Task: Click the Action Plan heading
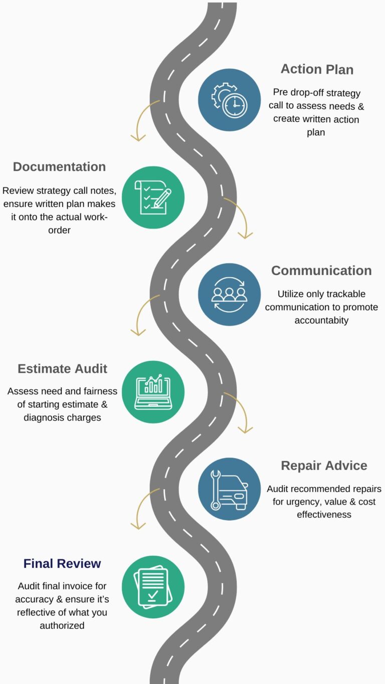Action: (x=317, y=69)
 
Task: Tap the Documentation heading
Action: (x=59, y=167)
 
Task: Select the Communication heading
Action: (x=321, y=271)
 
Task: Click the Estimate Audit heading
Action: (x=62, y=369)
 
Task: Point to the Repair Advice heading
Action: (x=324, y=466)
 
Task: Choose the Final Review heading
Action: (x=62, y=564)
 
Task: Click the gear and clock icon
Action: (x=229, y=100)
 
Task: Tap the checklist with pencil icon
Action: (x=153, y=197)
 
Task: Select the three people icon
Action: (x=229, y=295)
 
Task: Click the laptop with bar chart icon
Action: (x=153, y=392)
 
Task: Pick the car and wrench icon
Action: (x=229, y=489)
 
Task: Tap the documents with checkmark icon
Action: (x=153, y=586)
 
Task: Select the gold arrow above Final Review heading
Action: (x=142, y=509)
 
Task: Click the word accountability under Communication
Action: (x=321, y=320)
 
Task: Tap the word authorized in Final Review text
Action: (x=62, y=625)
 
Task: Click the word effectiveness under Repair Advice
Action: (x=324, y=515)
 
